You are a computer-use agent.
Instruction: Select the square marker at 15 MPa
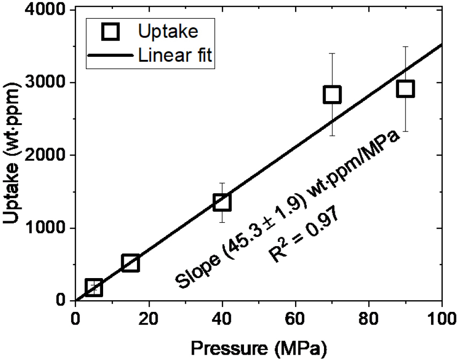tap(130, 263)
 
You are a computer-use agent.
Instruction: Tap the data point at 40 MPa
tap(222, 202)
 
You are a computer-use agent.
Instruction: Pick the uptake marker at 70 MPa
tap(332, 95)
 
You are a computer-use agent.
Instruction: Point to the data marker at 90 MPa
tap(405, 89)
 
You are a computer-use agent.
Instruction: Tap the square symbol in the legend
tap(111, 32)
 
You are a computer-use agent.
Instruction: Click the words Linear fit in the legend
tap(175, 55)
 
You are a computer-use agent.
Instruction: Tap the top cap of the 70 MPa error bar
tap(332, 53)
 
